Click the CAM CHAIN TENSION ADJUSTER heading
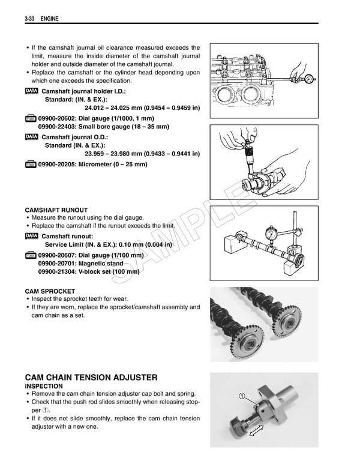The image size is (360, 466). [91, 377]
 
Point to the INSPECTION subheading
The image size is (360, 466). [44, 386]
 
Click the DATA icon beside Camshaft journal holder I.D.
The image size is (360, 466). [31, 91]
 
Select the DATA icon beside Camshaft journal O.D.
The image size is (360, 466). [31, 137]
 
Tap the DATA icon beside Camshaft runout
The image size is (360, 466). [31, 237]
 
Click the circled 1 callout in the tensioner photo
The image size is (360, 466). [241, 396]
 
